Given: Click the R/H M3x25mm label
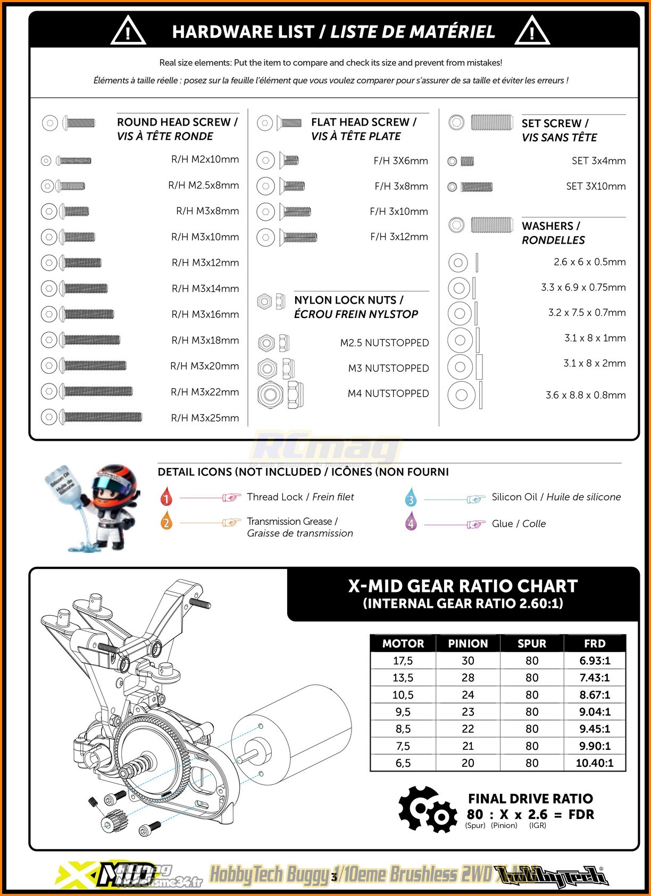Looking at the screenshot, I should (205, 418).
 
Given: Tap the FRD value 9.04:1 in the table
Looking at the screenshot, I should (595, 711).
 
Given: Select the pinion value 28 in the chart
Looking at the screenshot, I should (468, 677).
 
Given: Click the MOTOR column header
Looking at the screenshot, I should (403, 643).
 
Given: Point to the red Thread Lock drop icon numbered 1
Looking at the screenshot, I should (166, 497).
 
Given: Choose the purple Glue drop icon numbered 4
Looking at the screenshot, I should (411, 522).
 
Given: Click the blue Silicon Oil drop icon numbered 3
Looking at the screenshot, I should (411, 498).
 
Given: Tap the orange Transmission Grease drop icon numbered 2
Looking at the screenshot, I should (166, 522).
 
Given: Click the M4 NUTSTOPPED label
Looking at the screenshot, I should (388, 393).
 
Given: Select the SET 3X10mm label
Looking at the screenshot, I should (596, 186).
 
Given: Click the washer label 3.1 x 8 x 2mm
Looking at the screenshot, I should (594, 363).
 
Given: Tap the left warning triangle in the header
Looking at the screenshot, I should (128, 32).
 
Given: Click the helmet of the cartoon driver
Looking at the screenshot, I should (117, 481).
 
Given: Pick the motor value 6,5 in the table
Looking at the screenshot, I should (403, 763).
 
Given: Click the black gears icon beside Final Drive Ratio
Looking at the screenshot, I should (427, 809).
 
